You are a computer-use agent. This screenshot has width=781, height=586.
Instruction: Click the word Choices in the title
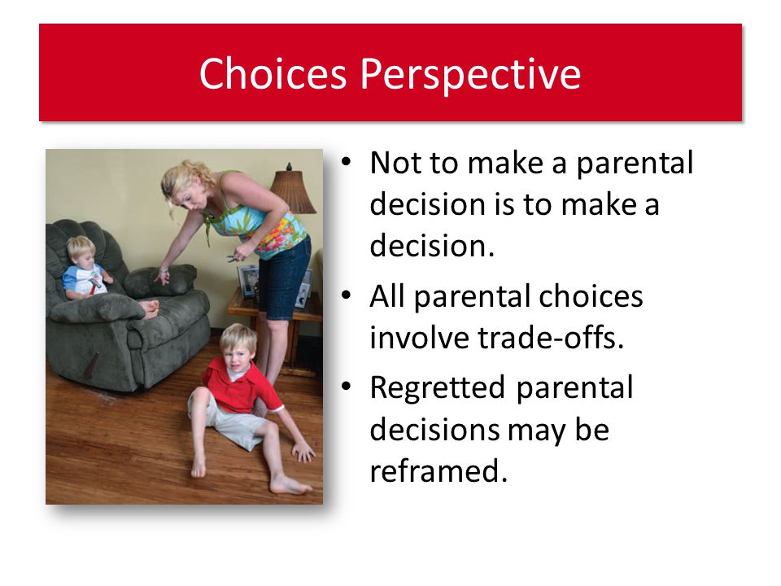[273, 74]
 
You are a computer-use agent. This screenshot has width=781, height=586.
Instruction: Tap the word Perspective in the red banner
[470, 76]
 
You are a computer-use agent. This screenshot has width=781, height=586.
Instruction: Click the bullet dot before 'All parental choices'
[347, 295]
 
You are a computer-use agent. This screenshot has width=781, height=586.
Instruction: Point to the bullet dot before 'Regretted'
[347, 386]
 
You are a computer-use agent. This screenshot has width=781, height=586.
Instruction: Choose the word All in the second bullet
[386, 296]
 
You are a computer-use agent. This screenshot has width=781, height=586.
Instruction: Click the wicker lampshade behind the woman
[292, 191]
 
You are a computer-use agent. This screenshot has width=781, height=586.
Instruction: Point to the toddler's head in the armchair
[81, 251]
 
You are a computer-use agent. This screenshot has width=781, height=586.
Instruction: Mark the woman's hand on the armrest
[162, 276]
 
